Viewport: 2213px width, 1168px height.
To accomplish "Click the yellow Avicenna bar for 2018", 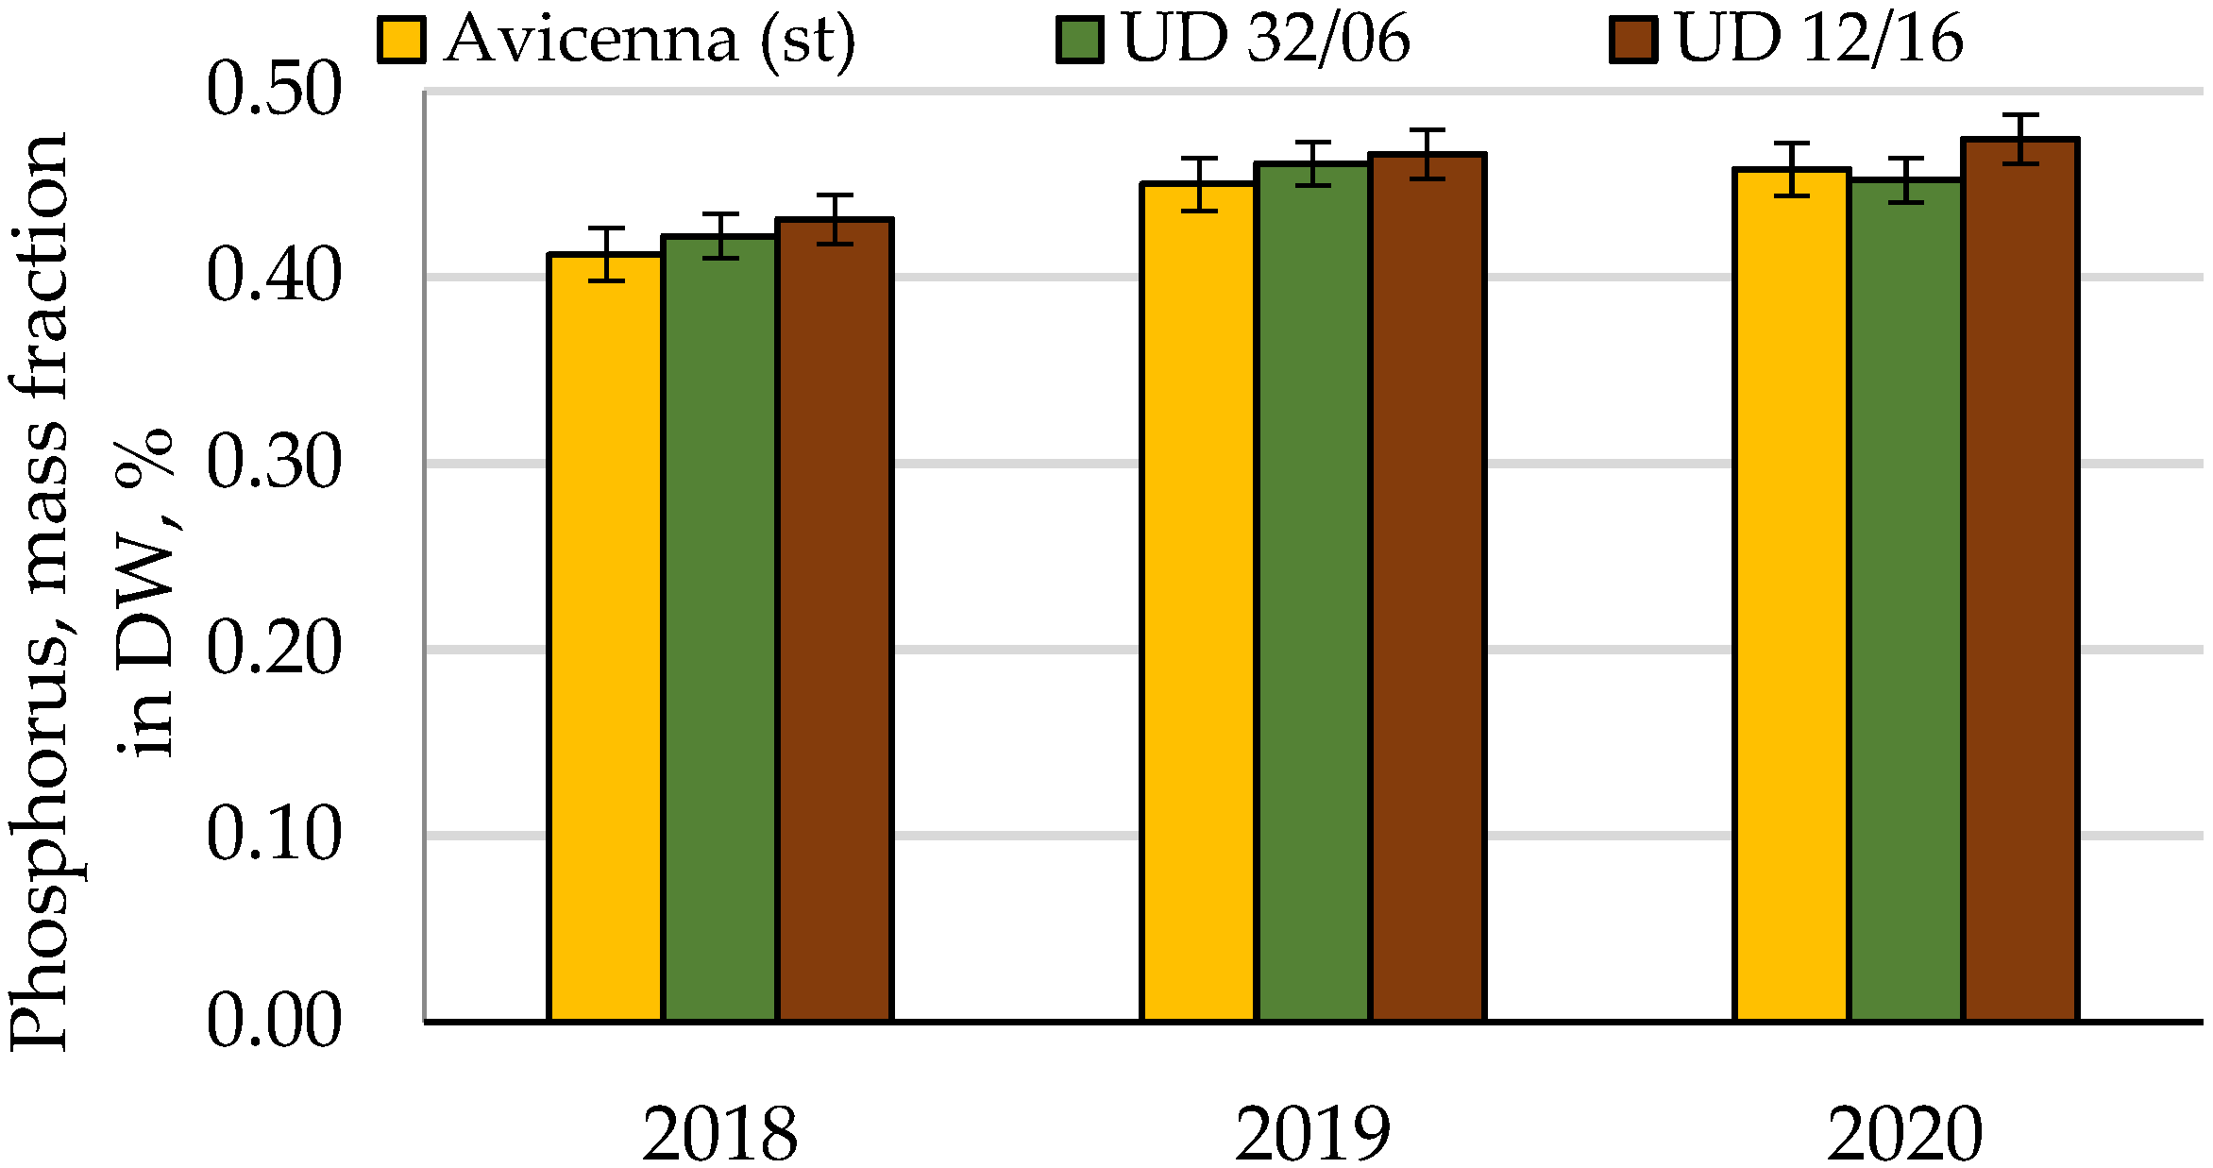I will [606, 637].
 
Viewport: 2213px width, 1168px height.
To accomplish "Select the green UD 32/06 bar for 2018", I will [720, 628].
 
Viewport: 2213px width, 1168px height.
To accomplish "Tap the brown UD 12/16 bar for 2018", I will [835, 619].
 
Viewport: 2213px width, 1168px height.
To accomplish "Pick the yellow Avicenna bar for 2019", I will [1199, 601].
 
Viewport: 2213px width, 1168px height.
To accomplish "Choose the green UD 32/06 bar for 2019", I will [1313, 592].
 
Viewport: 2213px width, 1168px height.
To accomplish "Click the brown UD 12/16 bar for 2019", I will [1427, 587].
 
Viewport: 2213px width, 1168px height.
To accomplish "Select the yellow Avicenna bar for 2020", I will [1792, 595].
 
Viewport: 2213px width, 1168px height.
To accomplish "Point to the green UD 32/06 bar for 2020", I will [1906, 601].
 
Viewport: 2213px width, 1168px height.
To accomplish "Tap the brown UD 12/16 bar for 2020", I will [2020, 580].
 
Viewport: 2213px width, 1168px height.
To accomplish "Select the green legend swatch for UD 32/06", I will [1080, 41].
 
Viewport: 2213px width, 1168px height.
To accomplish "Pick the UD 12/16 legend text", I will [1818, 40].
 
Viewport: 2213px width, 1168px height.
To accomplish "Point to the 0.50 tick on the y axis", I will [273, 91].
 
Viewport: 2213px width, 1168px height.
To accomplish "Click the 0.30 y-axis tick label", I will [273, 463].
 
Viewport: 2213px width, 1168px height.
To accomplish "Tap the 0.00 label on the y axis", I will [273, 1021].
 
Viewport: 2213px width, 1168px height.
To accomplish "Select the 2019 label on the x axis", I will [1312, 1133].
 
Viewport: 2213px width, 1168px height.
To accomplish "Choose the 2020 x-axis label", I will [1905, 1133].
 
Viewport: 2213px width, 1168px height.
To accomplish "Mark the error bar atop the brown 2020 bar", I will [2020, 139].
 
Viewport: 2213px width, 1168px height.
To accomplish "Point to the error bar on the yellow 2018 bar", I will [606, 254].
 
